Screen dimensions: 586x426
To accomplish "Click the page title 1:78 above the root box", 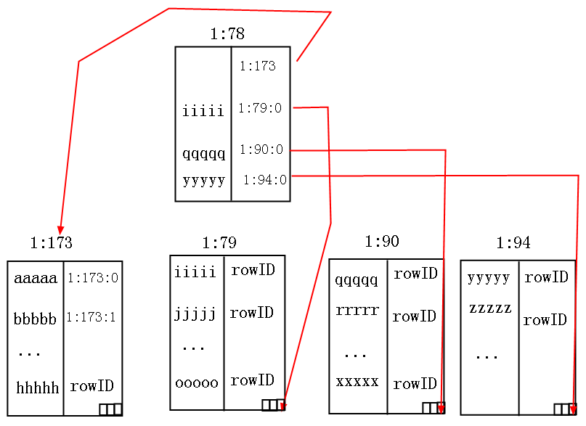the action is [227, 33].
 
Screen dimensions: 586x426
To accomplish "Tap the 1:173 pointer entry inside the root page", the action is [258, 66].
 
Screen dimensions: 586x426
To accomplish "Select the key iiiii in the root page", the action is [203, 110].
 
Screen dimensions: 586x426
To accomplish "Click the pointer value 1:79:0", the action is [260, 108].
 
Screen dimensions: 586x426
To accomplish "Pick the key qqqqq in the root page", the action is [203, 154].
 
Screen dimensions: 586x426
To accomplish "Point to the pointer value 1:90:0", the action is [261, 149].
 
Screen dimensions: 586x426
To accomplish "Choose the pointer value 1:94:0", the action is [265, 180].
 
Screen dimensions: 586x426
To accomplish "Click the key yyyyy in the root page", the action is [204, 181].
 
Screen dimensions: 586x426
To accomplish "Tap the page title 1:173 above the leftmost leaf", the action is [52, 242].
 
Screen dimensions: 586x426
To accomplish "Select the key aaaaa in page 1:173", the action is [36, 278].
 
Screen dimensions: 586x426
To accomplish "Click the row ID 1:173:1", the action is [91, 317].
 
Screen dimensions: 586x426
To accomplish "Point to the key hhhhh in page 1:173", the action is [37, 388].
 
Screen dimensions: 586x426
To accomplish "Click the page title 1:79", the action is [219, 242].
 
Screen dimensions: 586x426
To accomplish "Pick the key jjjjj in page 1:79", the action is [195, 314].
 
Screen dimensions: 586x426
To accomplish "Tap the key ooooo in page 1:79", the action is [197, 382].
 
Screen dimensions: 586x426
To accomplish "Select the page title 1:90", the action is [382, 241].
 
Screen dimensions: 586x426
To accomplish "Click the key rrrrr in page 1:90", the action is [357, 310].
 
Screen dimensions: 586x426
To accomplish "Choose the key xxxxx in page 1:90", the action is [357, 382].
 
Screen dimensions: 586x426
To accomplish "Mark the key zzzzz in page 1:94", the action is [490, 308].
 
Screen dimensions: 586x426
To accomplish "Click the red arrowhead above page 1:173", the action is [60, 230].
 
